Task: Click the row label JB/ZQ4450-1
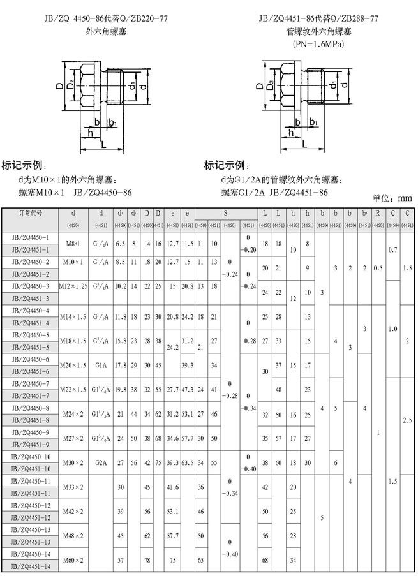click(x=31, y=237)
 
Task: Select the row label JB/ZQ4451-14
click(x=31, y=566)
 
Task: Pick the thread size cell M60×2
click(x=74, y=560)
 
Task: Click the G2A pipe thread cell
click(x=101, y=463)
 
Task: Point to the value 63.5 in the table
click(x=188, y=463)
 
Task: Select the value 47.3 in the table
click(x=188, y=388)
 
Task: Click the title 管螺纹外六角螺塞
click(x=318, y=31)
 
